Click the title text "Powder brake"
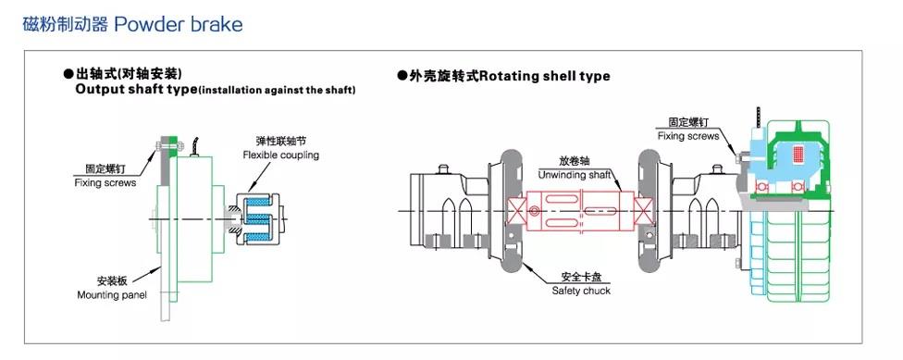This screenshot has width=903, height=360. tap(179, 25)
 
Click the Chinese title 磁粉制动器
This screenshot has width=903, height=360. tap(65, 25)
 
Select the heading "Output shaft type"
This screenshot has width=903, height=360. tap(137, 90)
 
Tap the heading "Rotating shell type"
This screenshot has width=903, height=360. tap(545, 76)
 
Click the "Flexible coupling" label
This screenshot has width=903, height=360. tap(280, 155)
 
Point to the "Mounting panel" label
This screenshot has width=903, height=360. tap(112, 295)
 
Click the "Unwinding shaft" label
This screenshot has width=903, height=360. tap(573, 175)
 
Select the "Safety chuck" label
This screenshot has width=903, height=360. tap(581, 291)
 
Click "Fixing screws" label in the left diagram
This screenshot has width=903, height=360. tap(105, 182)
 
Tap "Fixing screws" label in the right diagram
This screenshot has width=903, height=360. tap(688, 136)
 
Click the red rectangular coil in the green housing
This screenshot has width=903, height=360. tap(798, 155)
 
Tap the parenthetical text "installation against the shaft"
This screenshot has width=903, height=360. tap(277, 91)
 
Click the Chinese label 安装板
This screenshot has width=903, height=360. tap(112, 281)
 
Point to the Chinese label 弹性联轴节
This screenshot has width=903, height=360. tap(280, 141)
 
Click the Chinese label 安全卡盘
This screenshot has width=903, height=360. tap(580, 277)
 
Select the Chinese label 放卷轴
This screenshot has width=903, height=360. tap(575, 161)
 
